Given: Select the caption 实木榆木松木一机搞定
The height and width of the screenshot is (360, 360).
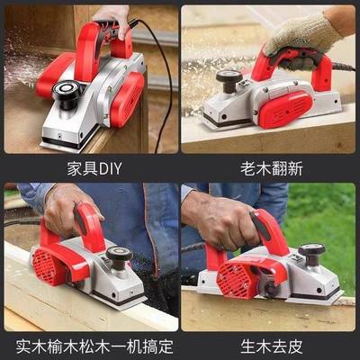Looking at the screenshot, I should tap(89, 344).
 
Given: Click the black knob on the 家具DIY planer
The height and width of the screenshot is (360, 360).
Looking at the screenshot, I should tap(68, 90).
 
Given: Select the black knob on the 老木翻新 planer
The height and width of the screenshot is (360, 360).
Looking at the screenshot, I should tap(229, 78).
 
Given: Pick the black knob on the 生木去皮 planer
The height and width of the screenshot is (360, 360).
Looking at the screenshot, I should tap(312, 251).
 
